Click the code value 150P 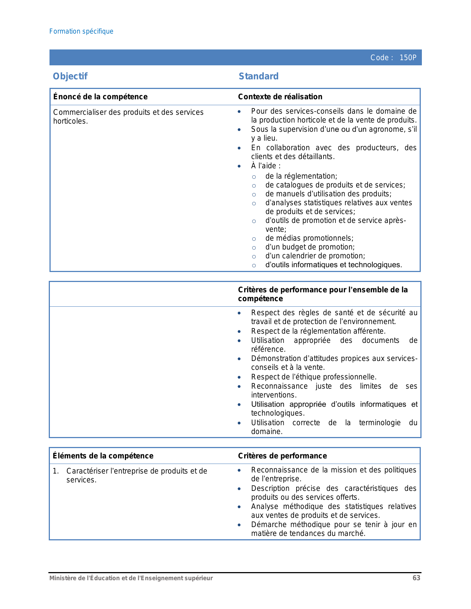coord(408,58)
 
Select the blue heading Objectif coord(70,76)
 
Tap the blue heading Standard coord(259,76)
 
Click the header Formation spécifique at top coord(81,31)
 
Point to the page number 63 coord(416,578)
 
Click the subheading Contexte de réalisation coord(280,97)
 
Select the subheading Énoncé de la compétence coord(100,97)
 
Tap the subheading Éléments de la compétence coord(103,456)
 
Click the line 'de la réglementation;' coord(301,176)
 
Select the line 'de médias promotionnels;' coord(309,238)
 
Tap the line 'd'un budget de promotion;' coord(310,247)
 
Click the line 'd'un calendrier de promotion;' coord(315,256)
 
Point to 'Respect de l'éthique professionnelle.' coord(314,377)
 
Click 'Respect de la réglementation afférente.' coord(318,331)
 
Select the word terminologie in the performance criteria coord(380,423)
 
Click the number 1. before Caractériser coord(56,471)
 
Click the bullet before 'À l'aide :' coord(239,166)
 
